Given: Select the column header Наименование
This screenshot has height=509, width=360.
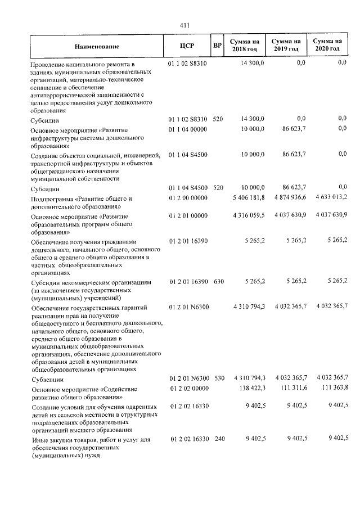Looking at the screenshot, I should tap(94, 46).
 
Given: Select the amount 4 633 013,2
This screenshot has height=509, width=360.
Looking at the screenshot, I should tap(328, 198).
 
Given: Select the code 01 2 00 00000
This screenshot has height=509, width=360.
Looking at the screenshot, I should tap(187, 198).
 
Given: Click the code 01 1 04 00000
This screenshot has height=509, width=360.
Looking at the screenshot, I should tap(187, 129).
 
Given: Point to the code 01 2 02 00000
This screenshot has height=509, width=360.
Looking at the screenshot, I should tap(187, 388).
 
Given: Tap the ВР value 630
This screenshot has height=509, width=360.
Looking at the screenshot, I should tap(218, 281).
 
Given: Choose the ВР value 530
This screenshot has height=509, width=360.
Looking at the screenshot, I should tap(218, 379).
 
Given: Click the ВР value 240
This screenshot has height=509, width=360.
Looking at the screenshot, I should tap(218, 438).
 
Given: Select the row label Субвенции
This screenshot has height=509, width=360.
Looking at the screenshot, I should tap(47, 380).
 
